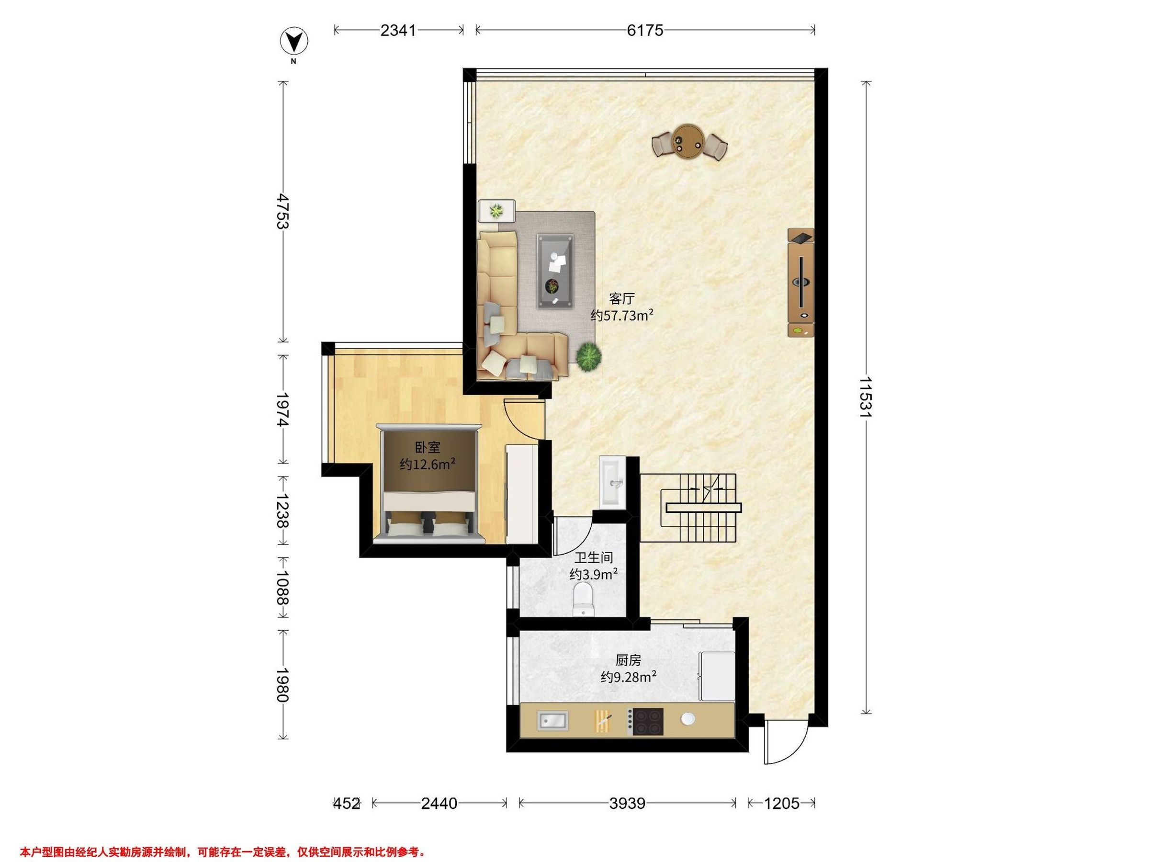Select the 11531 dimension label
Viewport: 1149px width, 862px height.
click(866, 397)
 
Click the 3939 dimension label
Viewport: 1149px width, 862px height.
click(628, 803)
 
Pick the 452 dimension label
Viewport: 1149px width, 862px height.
click(347, 803)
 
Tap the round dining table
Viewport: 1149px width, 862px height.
click(687, 140)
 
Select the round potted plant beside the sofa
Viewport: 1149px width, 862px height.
click(588, 356)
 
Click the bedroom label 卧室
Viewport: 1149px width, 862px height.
click(428, 447)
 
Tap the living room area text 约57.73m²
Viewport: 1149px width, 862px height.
click(622, 316)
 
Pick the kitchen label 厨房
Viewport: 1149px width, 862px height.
click(628, 660)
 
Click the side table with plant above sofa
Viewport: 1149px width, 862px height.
click(496, 212)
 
